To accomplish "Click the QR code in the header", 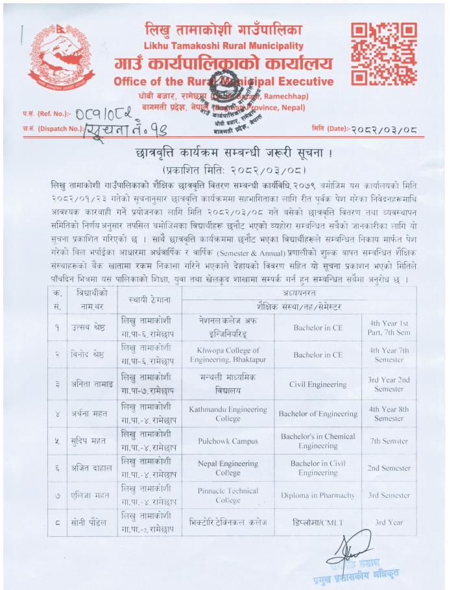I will [x=383, y=54].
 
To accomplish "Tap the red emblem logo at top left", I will [x=59, y=58].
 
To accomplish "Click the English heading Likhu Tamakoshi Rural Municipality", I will [x=223, y=46].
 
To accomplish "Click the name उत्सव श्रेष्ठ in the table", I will [x=90, y=327].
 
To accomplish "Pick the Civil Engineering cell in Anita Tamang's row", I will [x=318, y=384].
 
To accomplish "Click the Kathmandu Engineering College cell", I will [x=228, y=413].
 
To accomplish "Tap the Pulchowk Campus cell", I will [x=228, y=442].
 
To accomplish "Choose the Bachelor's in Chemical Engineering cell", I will [x=318, y=441].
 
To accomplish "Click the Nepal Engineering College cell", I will [x=228, y=468].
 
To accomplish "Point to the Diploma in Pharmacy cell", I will [x=318, y=495].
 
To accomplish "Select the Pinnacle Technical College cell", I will [x=228, y=495].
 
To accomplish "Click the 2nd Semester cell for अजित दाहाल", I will [x=389, y=468].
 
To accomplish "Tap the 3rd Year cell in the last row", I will [x=389, y=522].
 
